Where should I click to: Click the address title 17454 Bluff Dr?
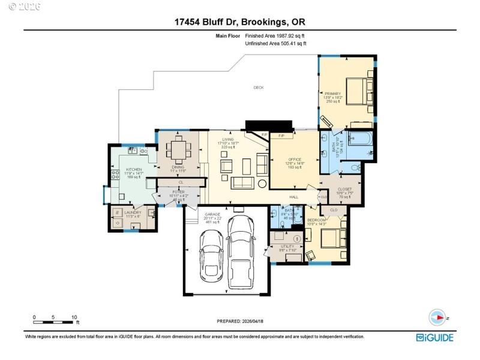(x=240, y=23)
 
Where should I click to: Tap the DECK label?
(x=259, y=88)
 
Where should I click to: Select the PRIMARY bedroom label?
(x=332, y=94)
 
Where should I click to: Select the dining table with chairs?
(x=178, y=147)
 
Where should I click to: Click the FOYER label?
(x=178, y=192)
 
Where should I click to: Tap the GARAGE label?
(x=214, y=214)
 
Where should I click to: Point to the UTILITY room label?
(x=288, y=247)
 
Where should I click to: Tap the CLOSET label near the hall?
(x=345, y=189)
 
